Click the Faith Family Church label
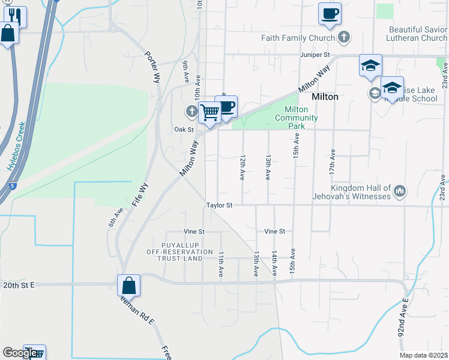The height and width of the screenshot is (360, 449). click(298, 38)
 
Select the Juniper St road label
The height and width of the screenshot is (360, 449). click(316, 55)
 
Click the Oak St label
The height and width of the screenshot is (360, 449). click(184, 130)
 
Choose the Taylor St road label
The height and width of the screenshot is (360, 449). click(219, 205)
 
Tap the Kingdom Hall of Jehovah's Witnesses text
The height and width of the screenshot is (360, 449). click(351, 192)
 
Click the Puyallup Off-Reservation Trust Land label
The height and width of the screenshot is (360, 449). click(179, 255)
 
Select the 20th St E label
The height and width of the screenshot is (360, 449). click(20, 286)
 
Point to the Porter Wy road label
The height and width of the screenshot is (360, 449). click(152, 64)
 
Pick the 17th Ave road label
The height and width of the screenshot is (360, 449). click(331, 162)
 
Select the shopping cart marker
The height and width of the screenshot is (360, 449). click(209, 112)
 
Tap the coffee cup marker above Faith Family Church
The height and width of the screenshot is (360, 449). click(330, 14)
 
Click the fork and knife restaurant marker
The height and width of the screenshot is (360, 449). click(15, 16)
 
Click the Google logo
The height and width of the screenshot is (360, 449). click(19, 353)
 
